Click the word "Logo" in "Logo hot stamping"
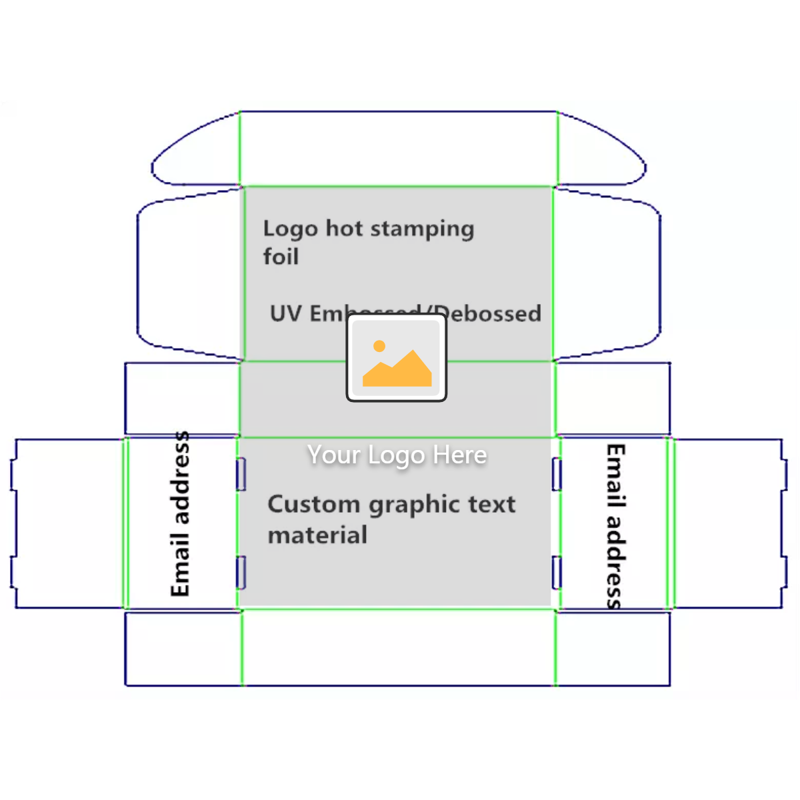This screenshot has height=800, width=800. [x=290, y=229]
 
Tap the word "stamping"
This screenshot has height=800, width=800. [x=422, y=229]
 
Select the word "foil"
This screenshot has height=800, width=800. [x=281, y=257]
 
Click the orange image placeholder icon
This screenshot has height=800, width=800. [x=397, y=358]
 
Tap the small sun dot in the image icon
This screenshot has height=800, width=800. [x=379, y=345]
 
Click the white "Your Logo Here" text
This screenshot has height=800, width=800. [x=397, y=455]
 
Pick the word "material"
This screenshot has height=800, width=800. [x=317, y=535]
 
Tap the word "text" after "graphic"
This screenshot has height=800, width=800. [x=491, y=505]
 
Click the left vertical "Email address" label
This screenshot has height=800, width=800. [x=180, y=514]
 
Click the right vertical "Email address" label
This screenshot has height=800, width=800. [x=615, y=527]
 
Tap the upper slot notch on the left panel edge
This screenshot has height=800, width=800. [x=241, y=474]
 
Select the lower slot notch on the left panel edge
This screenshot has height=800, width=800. [x=241, y=573]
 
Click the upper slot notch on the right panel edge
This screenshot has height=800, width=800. [x=557, y=474]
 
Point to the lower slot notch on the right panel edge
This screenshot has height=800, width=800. [x=557, y=573]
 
